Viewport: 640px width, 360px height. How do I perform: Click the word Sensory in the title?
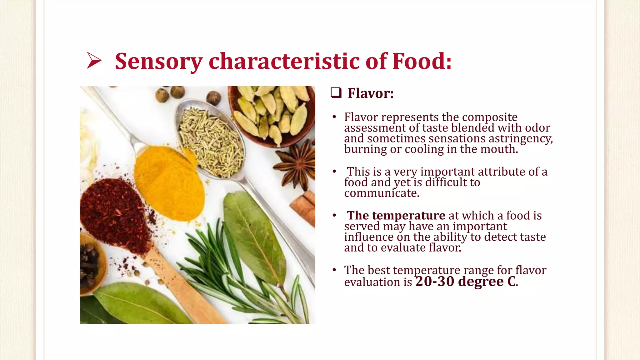(x=159, y=62)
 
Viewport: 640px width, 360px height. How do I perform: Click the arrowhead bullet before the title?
(x=94, y=60)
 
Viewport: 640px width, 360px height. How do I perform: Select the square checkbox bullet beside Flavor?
(x=336, y=93)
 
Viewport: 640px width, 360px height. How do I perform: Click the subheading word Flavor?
(x=371, y=93)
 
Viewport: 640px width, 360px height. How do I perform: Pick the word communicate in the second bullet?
(x=382, y=193)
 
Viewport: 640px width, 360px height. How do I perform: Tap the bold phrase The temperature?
(x=396, y=215)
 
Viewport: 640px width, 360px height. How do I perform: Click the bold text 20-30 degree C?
(x=466, y=281)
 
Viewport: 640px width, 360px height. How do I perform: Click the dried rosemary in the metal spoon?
(x=211, y=141)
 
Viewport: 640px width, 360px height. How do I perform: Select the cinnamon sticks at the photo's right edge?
(x=305, y=208)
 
